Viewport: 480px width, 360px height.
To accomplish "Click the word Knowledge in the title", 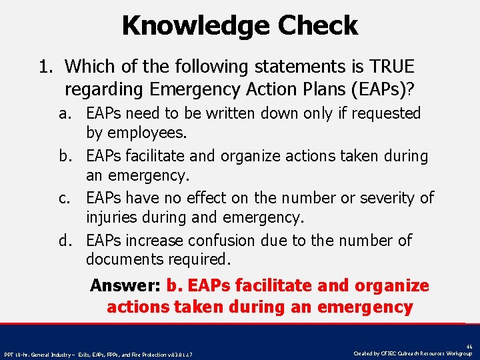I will (x=195, y=26).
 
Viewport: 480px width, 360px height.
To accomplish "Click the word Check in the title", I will (x=318, y=26).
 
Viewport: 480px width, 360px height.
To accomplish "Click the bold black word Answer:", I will (x=126, y=286).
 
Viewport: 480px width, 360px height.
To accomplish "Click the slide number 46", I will (x=469, y=347).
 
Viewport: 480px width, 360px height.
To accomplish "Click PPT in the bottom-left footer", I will (x=9, y=354).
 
